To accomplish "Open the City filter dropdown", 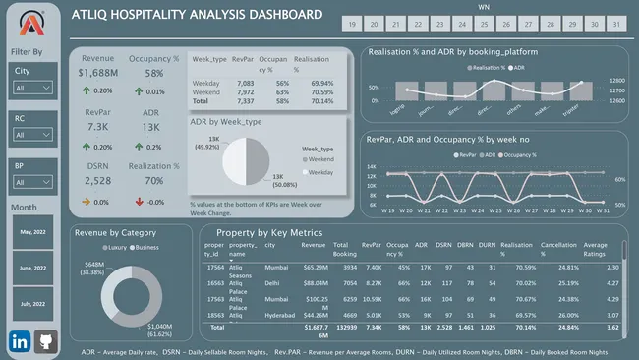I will pos(33,88).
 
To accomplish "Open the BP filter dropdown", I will pos(33,183).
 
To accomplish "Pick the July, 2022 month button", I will pos(33,303).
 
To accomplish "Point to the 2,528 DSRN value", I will pos(98,180).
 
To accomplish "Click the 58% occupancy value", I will pos(154,72).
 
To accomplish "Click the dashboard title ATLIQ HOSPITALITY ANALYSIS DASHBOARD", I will pos(197,16).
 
